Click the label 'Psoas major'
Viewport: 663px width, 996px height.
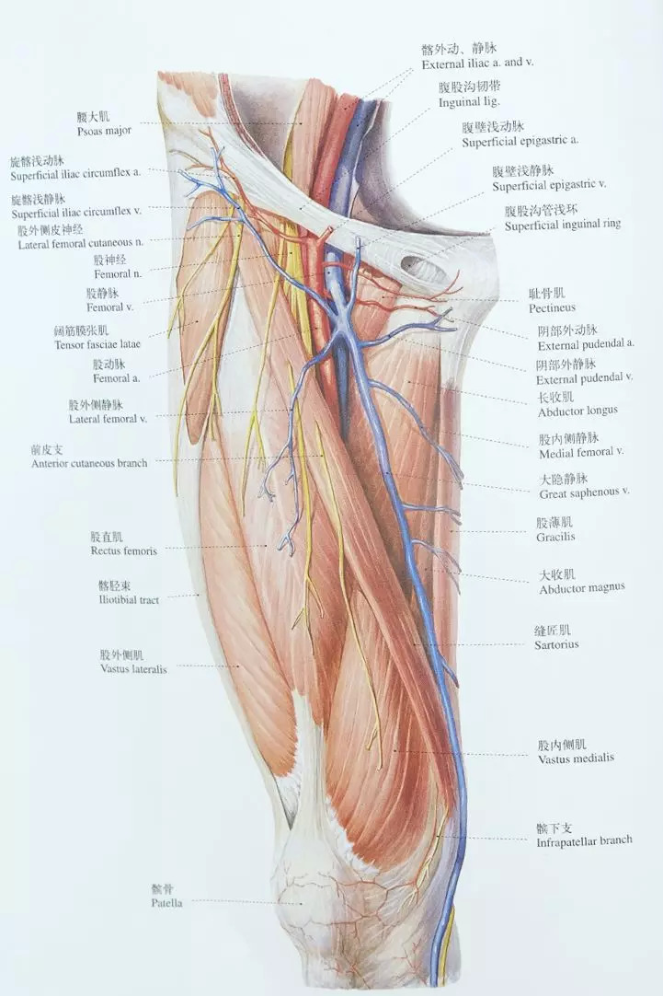(105, 131)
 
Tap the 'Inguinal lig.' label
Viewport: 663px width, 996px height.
(468, 101)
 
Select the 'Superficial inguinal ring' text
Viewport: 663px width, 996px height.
(562, 225)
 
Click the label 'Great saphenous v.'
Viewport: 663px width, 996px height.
(584, 491)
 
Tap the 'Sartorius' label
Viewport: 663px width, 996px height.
(556, 644)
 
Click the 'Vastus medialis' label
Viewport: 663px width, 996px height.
(576, 758)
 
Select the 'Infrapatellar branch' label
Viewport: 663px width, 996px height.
(584, 840)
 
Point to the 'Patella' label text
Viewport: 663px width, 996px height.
(167, 903)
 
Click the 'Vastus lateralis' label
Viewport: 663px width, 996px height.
(133, 669)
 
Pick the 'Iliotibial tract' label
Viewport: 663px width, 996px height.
(129, 599)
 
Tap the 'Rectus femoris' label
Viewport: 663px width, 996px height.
(123, 550)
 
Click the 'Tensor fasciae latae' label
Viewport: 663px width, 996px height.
(94, 343)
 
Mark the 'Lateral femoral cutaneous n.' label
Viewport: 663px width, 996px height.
(80, 244)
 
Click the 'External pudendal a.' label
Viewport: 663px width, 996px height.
(586, 343)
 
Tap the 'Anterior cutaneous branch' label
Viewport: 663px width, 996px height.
(88, 463)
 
